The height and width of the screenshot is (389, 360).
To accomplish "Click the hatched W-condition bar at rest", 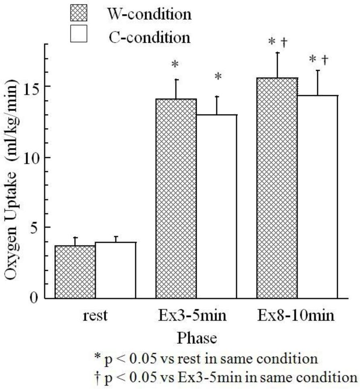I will coord(75,272).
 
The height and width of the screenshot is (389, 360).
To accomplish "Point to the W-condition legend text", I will coord(149,15).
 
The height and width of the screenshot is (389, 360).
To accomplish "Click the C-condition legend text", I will coord(149,37).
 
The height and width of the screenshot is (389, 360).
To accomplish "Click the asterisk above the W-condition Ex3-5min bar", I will coord(175,64).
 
